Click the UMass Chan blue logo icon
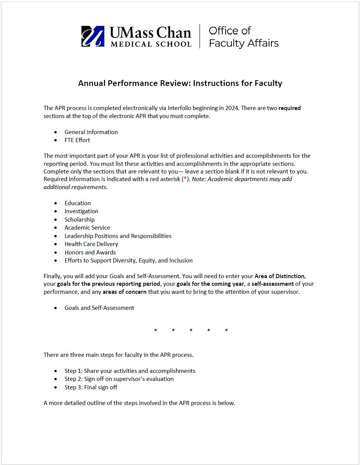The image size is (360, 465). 93,36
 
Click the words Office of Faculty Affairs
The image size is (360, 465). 243,37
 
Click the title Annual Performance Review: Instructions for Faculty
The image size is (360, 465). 180,83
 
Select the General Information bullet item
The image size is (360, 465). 91,132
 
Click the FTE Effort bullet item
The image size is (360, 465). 77,140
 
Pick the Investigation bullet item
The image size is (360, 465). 81,211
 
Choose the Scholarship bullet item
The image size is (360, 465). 79,220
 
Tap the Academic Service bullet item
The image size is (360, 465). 87,228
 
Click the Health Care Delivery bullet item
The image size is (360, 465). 91,244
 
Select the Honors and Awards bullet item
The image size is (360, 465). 90,253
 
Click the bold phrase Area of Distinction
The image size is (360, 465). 279,276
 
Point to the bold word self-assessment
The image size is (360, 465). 272,284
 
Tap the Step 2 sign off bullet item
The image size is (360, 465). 119,379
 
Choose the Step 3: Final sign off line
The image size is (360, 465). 91,387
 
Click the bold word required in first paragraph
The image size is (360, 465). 289,108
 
